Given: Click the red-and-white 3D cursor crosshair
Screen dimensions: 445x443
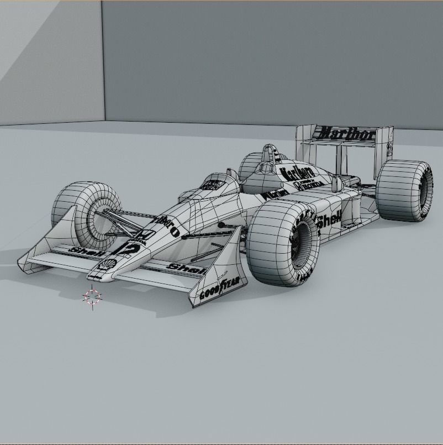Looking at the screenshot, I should point(92,297).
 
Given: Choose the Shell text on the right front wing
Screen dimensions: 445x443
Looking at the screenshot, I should point(186,269).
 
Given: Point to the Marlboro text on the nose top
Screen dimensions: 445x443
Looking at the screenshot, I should point(165,224).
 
